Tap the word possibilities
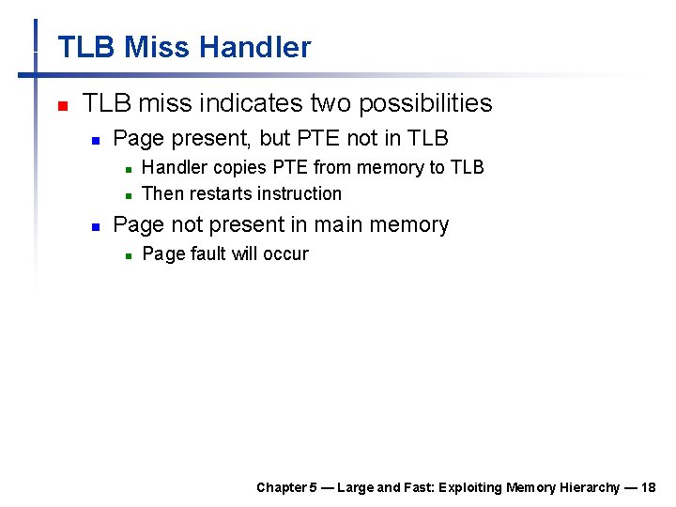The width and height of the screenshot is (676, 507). tap(420, 103)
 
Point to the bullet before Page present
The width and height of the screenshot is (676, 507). tap(95, 140)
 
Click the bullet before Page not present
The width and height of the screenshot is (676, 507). tap(95, 226)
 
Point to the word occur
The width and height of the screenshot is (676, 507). tap(288, 254)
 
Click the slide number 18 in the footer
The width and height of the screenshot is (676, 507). tap(650, 487)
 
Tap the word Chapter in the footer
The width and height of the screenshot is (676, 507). tap(280, 487)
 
